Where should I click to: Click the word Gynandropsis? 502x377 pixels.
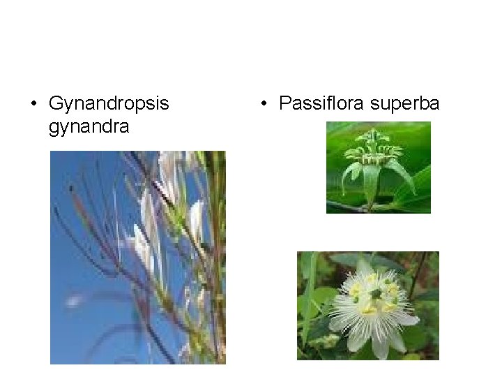point(109,104)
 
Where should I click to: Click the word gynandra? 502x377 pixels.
point(89,127)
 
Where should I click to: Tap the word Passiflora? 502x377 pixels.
point(321,104)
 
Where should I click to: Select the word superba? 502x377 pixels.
point(405,104)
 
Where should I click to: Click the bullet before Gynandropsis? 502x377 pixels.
point(33,105)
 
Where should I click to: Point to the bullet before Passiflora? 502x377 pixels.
point(263,105)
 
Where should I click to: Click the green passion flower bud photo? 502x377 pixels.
point(378,167)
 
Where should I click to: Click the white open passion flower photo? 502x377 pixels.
point(367,305)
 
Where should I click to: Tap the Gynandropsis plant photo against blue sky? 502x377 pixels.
point(137,257)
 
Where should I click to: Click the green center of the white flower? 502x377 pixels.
point(376,295)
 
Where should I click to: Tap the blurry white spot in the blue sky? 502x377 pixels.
point(74,302)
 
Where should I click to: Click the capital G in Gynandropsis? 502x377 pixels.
point(56,104)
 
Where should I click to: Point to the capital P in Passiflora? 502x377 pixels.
point(284,104)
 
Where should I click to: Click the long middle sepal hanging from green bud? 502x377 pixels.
point(371,183)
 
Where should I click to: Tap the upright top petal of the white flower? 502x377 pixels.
point(364,267)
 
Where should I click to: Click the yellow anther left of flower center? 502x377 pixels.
point(356,288)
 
